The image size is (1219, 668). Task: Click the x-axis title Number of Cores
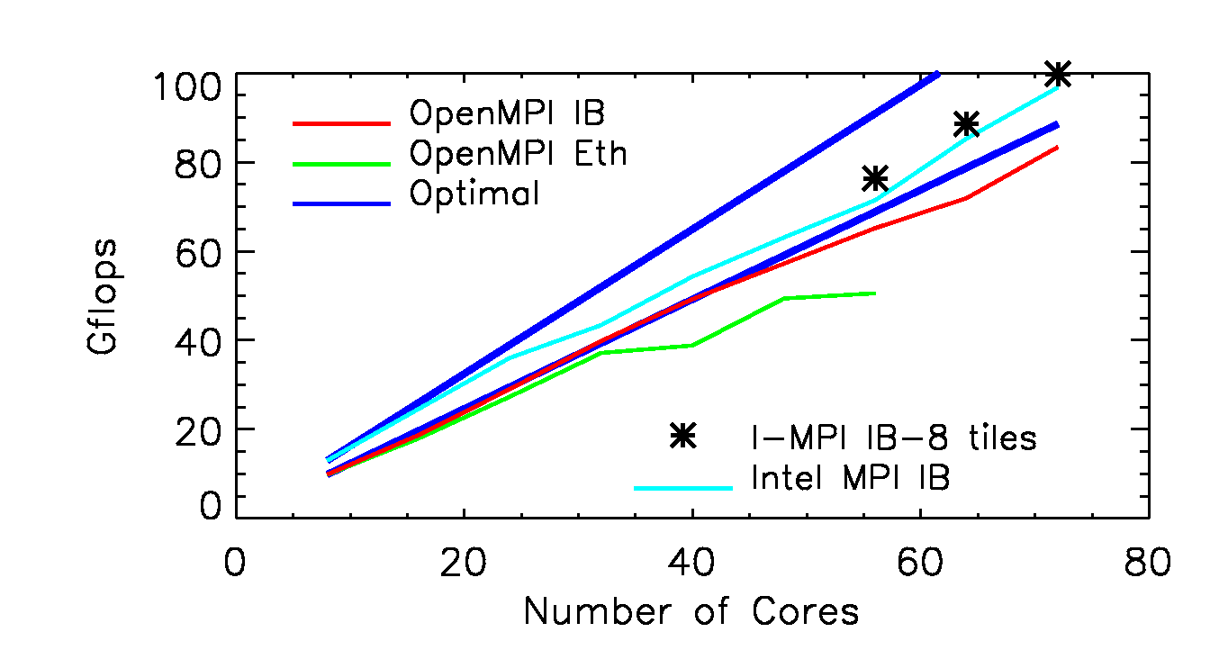click(x=691, y=612)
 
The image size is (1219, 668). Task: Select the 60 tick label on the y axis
click(x=198, y=251)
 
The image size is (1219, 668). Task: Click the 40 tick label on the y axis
click(x=198, y=340)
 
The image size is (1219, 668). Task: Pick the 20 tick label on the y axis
click(x=198, y=429)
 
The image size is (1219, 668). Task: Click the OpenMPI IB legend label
click(x=507, y=114)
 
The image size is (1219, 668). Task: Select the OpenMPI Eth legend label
click(x=518, y=154)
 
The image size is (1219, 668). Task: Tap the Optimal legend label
click(x=474, y=194)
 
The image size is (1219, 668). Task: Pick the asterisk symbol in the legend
click(x=683, y=436)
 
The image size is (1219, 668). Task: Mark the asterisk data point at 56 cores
click(x=875, y=177)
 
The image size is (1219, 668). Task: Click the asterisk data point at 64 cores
click(x=966, y=123)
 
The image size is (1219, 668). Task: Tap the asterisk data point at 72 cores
click(x=1058, y=74)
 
